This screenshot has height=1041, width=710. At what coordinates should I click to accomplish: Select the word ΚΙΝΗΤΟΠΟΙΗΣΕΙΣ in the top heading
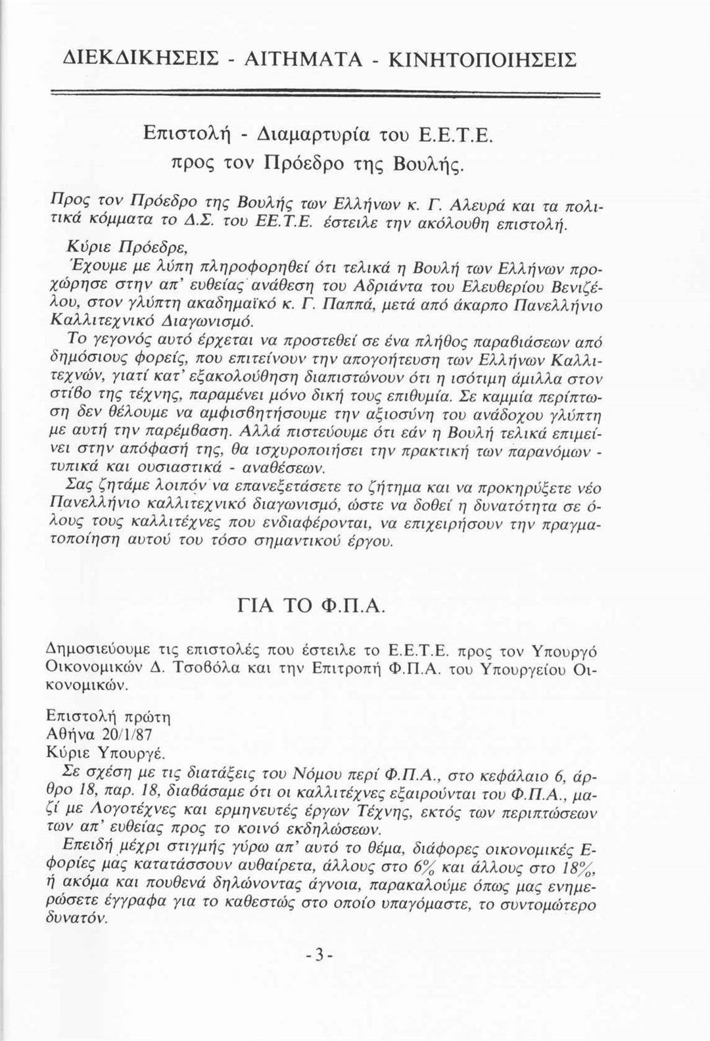[x=483, y=60]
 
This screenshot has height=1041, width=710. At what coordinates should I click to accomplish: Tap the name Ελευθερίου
[x=502, y=287]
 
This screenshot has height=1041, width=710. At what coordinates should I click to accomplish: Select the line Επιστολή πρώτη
[x=108, y=715]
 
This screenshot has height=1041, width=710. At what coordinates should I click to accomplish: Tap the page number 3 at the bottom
[x=319, y=954]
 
